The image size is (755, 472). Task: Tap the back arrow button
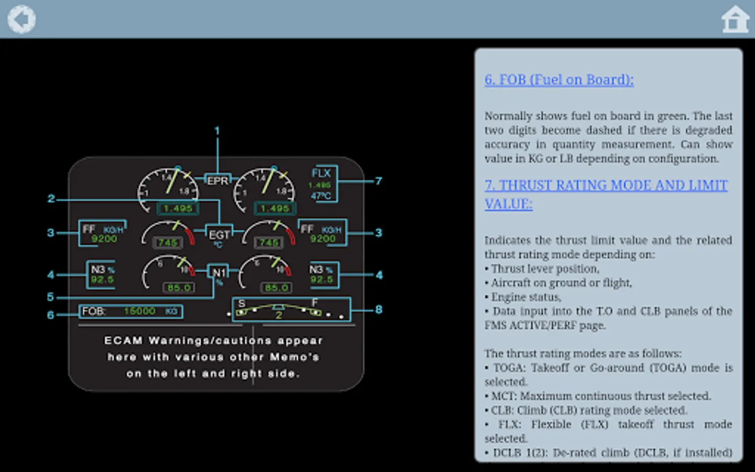click(21, 19)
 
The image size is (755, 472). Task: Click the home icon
click(735, 19)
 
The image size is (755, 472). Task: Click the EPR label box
click(218, 181)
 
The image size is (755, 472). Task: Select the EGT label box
click(219, 237)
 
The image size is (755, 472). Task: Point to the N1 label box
click(219, 273)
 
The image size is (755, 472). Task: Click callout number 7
click(379, 181)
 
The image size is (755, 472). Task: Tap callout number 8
click(379, 309)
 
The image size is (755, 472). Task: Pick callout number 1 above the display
click(217, 131)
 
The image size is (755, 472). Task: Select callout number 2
click(51, 199)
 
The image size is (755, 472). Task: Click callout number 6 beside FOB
click(50, 315)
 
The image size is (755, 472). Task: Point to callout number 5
click(50, 297)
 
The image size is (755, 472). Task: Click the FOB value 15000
click(139, 311)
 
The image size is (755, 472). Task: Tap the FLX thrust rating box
click(322, 184)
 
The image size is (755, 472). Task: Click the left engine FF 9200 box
click(103, 233)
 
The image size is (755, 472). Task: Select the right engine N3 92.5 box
click(322, 275)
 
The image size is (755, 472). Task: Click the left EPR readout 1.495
click(178, 208)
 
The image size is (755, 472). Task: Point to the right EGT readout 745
click(269, 242)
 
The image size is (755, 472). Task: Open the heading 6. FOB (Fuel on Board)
click(559, 79)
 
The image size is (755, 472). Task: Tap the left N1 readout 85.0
click(179, 287)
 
